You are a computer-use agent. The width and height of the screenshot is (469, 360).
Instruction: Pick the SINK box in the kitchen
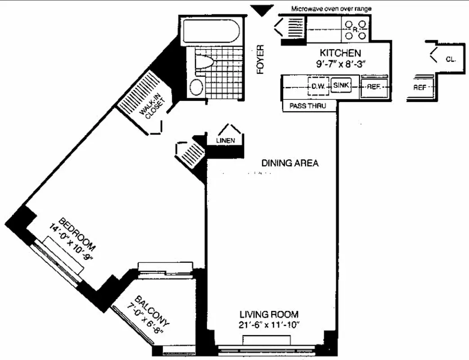[340, 85]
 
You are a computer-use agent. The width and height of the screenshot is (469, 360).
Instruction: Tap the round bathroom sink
[196, 87]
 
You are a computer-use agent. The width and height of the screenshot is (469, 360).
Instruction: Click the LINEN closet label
[226, 141]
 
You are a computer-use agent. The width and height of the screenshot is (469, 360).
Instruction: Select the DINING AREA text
[290, 163]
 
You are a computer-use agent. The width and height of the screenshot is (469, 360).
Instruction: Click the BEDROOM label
[78, 234]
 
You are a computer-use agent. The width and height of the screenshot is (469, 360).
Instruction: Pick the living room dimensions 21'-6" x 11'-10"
[269, 325]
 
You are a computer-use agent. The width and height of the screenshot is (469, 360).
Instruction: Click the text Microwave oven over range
[331, 9]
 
